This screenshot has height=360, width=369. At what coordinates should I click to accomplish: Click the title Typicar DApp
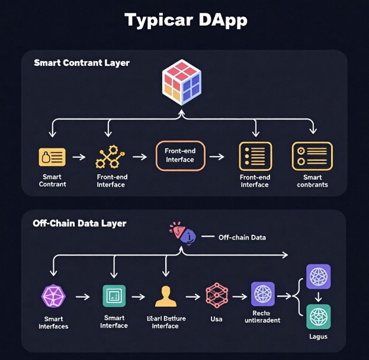[x=185, y=20]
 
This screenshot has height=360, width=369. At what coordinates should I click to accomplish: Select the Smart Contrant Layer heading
[x=82, y=62]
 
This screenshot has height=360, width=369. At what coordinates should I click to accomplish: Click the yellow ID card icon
[x=52, y=157]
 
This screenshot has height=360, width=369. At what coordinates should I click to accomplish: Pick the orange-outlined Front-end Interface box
[x=181, y=156]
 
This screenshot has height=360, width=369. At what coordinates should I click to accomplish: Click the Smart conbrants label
[x=312, y=181]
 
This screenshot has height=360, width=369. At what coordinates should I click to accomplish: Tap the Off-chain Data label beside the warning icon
[x=242, y=237]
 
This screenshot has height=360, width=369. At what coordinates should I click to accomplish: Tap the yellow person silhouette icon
[x=166, y=295]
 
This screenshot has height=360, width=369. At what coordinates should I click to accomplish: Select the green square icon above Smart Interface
[x=114, y=295]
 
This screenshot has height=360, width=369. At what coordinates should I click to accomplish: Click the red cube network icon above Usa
[x=216, y=295]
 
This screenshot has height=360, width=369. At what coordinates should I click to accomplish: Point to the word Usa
[x=217, y=320]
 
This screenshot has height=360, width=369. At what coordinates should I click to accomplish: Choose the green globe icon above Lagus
[x=318, y=316]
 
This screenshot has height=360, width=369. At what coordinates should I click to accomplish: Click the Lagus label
[x=318, y=337]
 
